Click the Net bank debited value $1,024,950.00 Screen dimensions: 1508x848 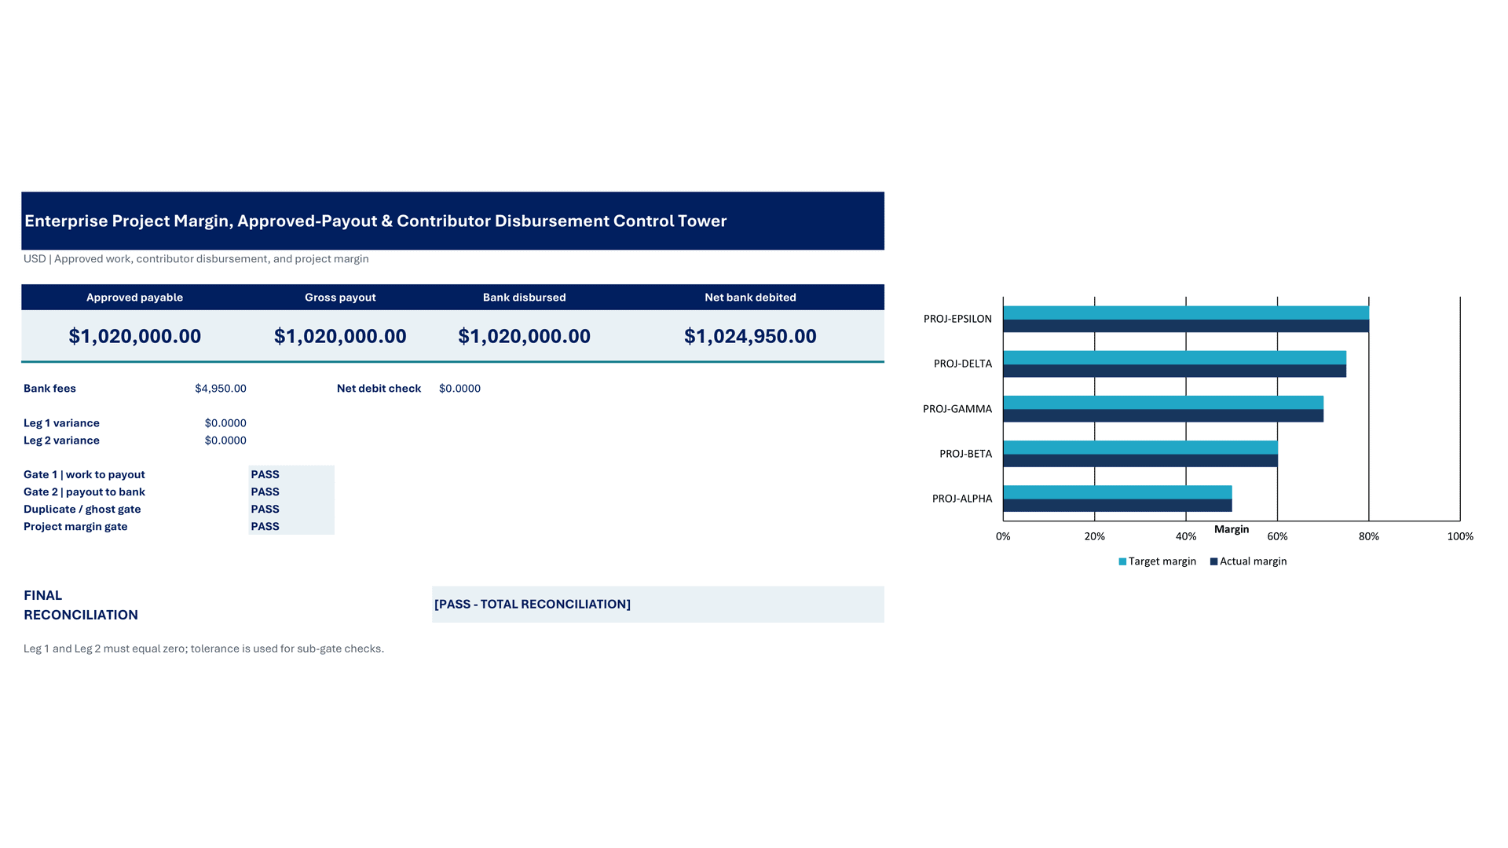tap(750, 336)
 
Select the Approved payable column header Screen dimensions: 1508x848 tap(134, 298)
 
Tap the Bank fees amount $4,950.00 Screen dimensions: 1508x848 tap(221, 389)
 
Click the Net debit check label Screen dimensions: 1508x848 tap(379, 389)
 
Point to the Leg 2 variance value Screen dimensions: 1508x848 tap(225, 440)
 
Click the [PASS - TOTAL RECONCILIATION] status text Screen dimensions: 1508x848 tap(533, 605)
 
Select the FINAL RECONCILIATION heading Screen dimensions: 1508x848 tap(81, 605)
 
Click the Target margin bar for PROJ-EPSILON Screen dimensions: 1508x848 tap(1186, 313)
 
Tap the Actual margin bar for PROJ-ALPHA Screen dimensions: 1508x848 tap(1118, 506)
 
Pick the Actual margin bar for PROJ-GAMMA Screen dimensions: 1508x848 tap(1163, 416)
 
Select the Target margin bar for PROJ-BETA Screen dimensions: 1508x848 tap(1140, 448)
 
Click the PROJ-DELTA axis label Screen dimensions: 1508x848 tap(963, 364)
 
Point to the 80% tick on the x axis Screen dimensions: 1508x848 tap(1369, 536)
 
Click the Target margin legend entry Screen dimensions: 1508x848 tap(1157, 561)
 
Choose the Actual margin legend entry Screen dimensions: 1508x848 tap(1248, 561)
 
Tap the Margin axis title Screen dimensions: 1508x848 tap(1232, 529)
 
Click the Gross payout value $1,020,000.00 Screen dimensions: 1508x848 tap(340, 336)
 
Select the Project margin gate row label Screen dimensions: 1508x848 tap(75, 527)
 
